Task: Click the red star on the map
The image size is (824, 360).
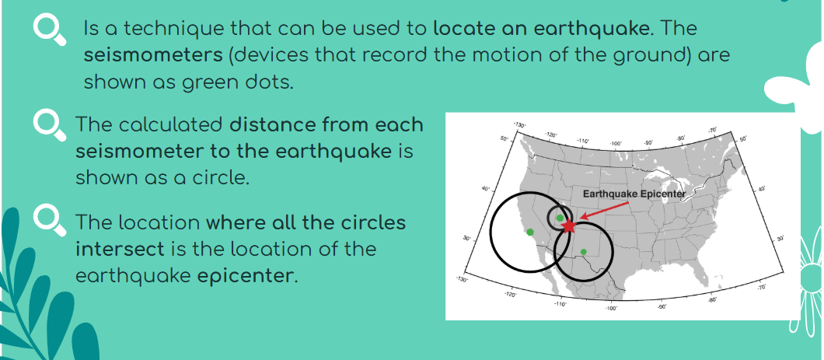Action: (568, 226)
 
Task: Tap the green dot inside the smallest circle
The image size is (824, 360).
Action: (560, 218)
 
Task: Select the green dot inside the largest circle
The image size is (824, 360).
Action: (530, 232)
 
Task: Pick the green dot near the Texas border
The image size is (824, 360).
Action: (583, 252)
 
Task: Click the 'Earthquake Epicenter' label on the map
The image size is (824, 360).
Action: (634, 194)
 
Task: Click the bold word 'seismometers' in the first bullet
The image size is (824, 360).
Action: (153, 55)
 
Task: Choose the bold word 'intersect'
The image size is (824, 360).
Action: (120, 249)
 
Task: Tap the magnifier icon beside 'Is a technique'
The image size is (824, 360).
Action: (50, 30)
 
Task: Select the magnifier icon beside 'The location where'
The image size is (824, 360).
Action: (50, 222)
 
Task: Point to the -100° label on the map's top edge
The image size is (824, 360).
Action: (616, 143)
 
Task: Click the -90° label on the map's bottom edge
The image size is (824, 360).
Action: (661, 306)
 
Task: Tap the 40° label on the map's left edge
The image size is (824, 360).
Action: (486, 188)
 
